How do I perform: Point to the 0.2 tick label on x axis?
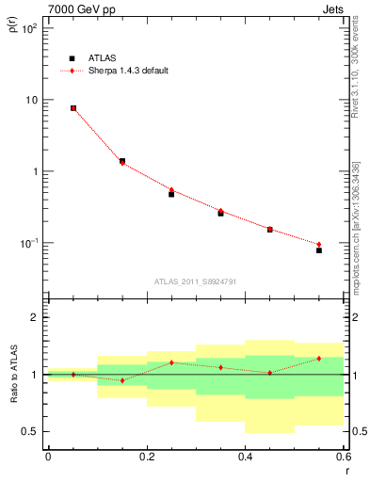point(146,457)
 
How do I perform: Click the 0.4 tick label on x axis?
point(245,457)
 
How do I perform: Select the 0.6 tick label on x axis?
point(343,457)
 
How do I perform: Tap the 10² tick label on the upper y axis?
point(28,28)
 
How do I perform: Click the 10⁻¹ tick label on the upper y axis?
point(28,243)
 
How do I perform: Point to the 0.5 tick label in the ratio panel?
point(30,431)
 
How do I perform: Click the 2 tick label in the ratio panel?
point(34,317)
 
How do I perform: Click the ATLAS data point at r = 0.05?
point(72,108)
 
